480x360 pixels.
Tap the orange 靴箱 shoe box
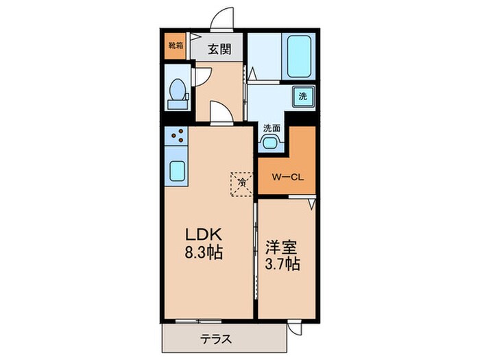[176, 47]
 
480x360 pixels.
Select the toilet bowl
[178, 91]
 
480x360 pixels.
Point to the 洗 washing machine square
[302, 97]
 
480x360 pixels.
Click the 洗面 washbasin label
[272, 128]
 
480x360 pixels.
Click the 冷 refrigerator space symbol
[241, 182]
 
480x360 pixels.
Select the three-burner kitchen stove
[177, 136]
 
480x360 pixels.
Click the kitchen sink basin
[176, 169]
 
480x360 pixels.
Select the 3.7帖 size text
[283, 263]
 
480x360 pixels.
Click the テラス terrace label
[216, 337]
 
